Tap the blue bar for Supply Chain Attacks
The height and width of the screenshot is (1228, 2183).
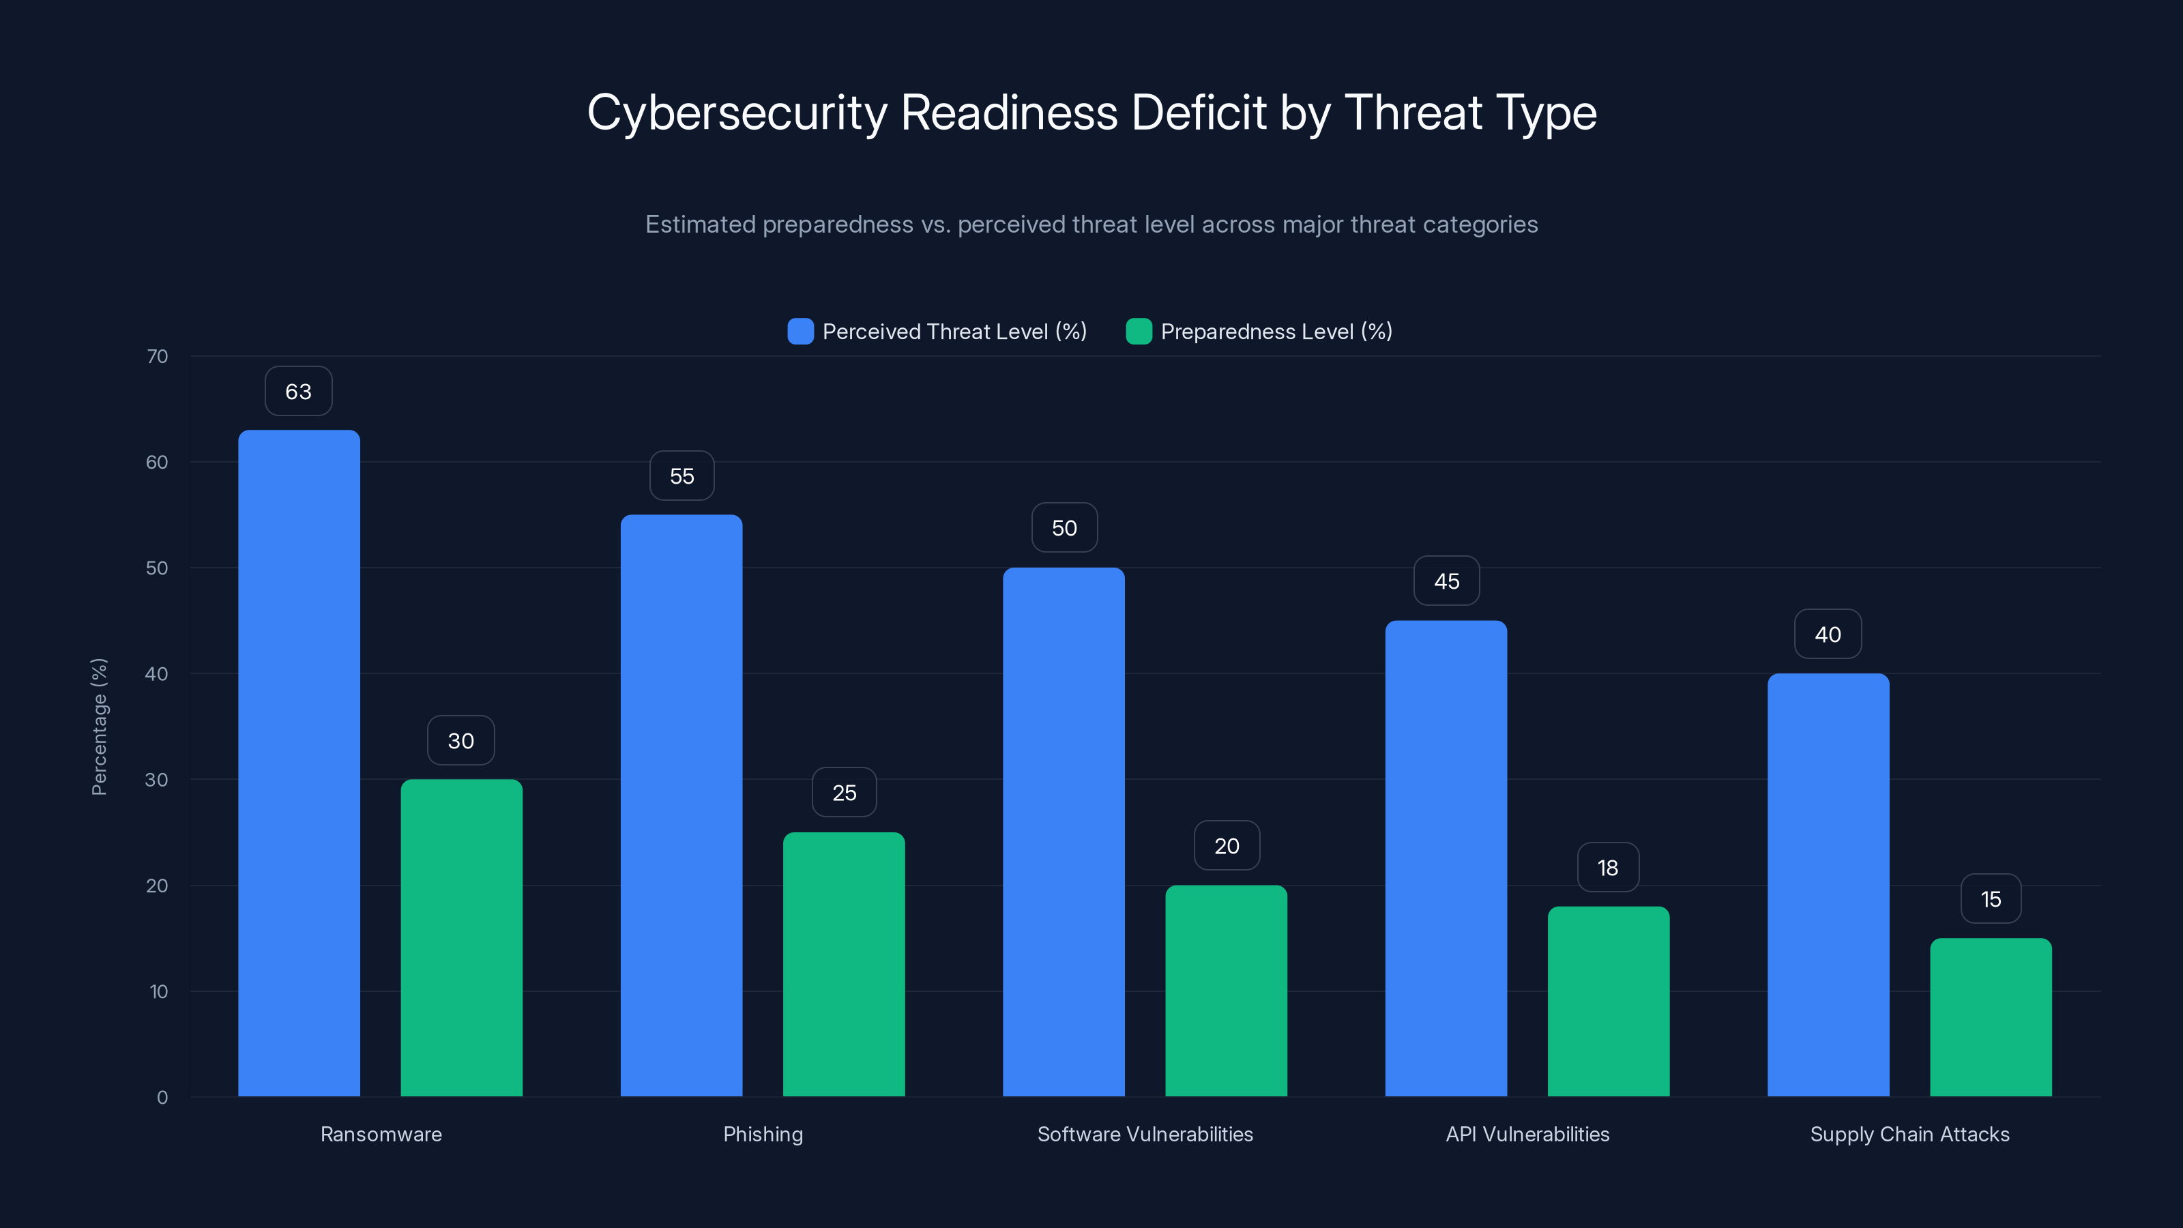coord(1828,885)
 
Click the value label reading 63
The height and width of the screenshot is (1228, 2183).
coord(298,392)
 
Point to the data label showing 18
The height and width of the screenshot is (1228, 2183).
coord(1608,868)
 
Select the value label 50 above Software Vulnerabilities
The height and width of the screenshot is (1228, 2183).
coord(1064,528)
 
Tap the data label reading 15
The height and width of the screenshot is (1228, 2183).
coord(1991,899)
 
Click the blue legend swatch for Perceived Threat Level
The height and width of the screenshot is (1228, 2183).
coord(800,332)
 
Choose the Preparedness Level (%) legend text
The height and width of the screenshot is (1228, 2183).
coord(1276,332)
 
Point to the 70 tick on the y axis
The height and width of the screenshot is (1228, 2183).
coord(157,357)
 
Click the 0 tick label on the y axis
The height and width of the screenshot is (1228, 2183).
coord(162,1098)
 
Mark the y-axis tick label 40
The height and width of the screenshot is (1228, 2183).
coord(157,674)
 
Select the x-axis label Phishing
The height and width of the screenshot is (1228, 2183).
coord(763,1134)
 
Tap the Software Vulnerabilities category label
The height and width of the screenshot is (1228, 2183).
coord(1145,1134)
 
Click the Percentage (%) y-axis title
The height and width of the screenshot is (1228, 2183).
coord(99,727)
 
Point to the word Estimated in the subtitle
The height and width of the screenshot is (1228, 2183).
coord(699,224)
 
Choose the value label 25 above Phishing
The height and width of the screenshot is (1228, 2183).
coord(843,792)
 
